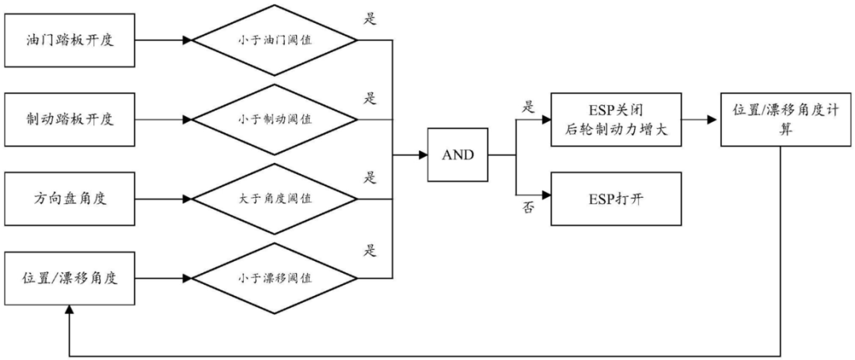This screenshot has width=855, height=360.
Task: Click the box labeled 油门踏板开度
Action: pyautogui.click(x=70, y=40)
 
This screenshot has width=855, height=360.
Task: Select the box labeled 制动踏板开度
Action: pyautogui.click(x=70, y=119)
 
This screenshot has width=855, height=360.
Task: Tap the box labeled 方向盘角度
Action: pyautogui.click(x=70, y=198)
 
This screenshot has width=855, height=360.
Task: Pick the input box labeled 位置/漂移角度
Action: pyautogui.click(x=70, y=279)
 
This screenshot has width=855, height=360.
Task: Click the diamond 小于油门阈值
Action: pyautogui.click(x=274, y=40)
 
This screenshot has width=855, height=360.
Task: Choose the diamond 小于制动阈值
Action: pyautogui.click(x=274, y=119)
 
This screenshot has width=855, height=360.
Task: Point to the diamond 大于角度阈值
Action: pyautogui.click(x=274, y=198)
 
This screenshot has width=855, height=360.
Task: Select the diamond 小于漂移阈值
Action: pyautogui.click(x=274, y=279)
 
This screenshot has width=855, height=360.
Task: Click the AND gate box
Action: pyautogui.click(x=458, y=155)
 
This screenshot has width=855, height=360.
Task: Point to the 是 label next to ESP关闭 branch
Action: pyautogui.click(x=529, y=105)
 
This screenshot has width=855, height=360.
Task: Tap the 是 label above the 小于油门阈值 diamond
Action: pyautogui.click(x=368, y=17)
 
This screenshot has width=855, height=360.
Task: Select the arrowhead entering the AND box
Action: pyautogui.click(x=423, y=155)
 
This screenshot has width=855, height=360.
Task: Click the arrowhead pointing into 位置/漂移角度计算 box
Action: pyautogui.click(x=715, y=120)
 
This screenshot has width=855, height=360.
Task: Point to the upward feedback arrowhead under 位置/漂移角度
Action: pyautogui.click(x=70, y=313)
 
